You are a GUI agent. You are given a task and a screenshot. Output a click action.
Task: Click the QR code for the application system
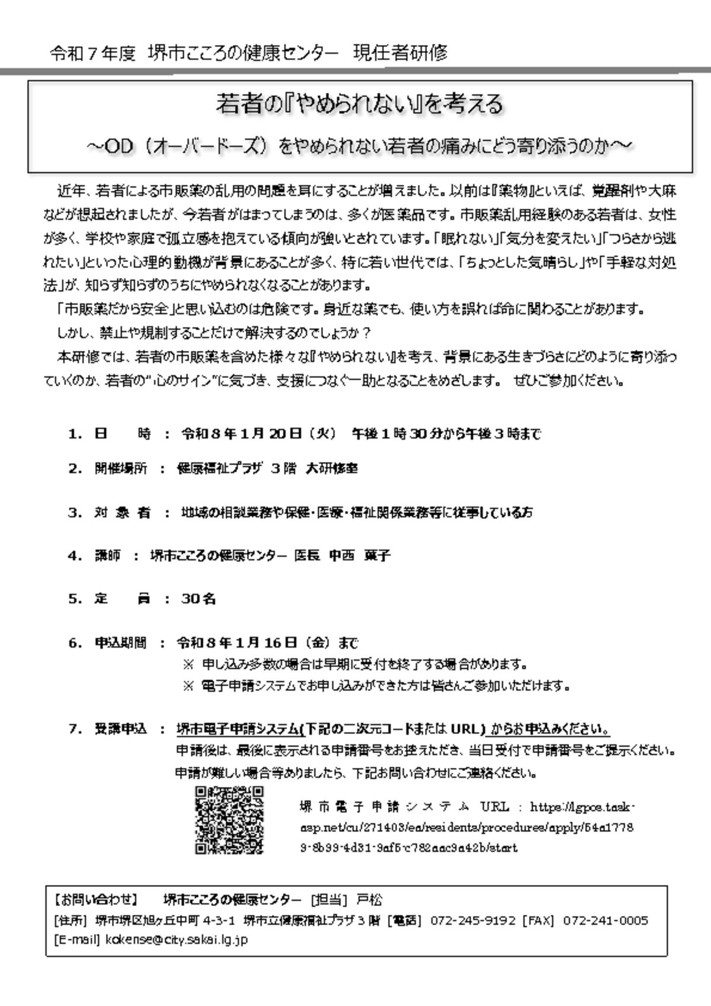coord(229,820)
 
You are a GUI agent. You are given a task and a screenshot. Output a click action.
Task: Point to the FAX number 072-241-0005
coord(605,920)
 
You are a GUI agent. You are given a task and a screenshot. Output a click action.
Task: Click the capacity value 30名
coord(198,598)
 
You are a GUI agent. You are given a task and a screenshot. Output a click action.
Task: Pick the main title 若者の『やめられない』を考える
coord(359,104)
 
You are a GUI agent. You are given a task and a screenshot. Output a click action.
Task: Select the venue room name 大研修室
coord(331,468)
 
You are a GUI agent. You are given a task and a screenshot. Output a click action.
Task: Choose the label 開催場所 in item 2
coord(120,468)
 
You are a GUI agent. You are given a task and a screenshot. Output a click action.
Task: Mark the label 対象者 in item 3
coord(121,512)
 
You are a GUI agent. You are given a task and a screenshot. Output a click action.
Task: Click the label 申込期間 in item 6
coord(120,642)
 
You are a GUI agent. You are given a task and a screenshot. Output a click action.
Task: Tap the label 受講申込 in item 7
coord(120,729)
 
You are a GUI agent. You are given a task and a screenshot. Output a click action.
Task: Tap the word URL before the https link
coord(495,807)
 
